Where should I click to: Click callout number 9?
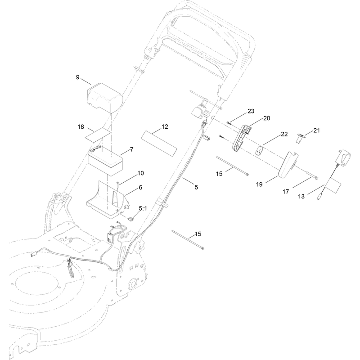[77, 77]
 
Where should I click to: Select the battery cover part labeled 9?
[105, 99]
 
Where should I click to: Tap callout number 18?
[81, 127]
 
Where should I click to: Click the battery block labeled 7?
[105, 161]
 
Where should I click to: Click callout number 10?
[140, 173]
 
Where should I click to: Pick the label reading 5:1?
[143, 208]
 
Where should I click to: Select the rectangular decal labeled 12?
[159, 144]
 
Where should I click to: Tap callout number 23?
[251, 111]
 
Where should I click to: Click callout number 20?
[266, 118]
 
